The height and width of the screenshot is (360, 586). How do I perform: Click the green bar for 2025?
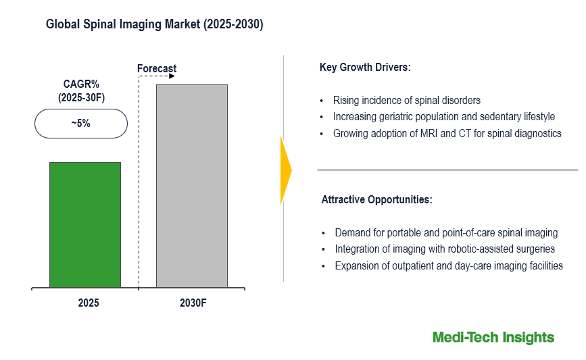(x=84, y=225)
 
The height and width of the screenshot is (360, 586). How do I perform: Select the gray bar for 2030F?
(x=191, y=186)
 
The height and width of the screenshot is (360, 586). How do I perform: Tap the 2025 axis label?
(x=88, y=303)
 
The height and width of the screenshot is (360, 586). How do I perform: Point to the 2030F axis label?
(x=193, y=303)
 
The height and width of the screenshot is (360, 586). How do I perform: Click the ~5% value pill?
(x=80, y=124)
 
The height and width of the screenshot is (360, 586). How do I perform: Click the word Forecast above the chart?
(x=157, y=68)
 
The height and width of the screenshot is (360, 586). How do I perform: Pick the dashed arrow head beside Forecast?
(x=172, y=76)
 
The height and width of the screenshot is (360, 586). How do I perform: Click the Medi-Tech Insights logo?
(x=493, y=337)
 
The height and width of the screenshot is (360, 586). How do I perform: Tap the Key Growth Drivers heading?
(x=365, y=68)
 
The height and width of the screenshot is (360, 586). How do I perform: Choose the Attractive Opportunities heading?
(x=376, y=200)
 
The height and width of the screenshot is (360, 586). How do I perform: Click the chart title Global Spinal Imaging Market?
(x=155, y=25)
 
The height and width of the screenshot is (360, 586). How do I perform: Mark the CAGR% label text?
(x=81, y=85)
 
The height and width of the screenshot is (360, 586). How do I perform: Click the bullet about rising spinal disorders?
(x=406, y=101)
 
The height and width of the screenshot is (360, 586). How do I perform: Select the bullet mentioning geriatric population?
(x=443, y=117)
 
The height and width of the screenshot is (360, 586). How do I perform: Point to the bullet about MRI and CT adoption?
(x=447, y=134)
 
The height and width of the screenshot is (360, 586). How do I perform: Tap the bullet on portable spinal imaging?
(x=446, y=232)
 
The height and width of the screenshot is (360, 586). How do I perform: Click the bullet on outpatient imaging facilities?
(x=448, y=265)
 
